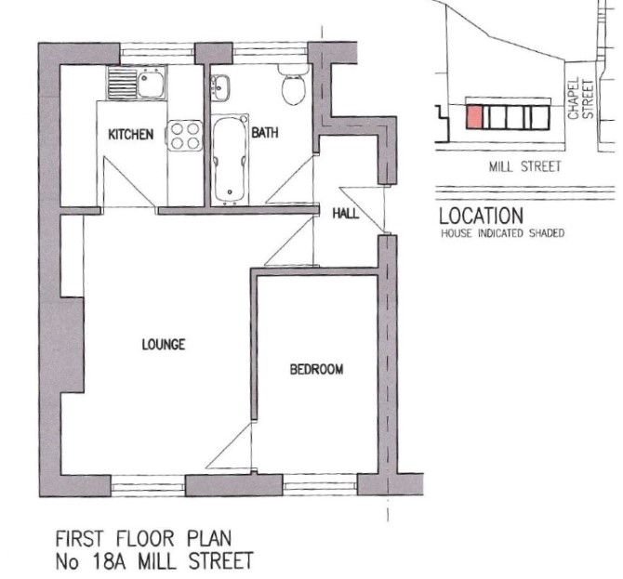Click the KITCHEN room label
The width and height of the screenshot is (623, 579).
click(131, 134)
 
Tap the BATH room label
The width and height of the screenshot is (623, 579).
click(265, 132)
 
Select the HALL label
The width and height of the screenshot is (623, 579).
click(345, 214)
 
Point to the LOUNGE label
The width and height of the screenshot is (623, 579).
click(164, 344)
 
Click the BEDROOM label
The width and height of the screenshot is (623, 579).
click(317, 369)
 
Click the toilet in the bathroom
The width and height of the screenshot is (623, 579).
click(294, 85)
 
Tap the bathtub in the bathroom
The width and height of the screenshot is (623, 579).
click(229, 160)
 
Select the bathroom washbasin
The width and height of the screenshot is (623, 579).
click(219, 87)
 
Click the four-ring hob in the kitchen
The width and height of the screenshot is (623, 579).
click(185, 136)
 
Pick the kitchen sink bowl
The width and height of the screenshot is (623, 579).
click(151, 84)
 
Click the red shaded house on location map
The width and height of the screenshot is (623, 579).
click(474, 117)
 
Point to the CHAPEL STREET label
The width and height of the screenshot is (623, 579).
click(580, 99)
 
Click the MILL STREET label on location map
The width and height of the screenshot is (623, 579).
click(524, 166)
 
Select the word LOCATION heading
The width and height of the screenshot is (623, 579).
click(481, 216)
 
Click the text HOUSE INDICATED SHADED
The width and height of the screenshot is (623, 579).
click(503, 233)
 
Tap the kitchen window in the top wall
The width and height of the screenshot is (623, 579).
click(157, 53)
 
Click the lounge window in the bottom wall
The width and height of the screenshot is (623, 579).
click(148, 486)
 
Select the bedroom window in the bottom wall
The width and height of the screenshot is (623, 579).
click(320, 485)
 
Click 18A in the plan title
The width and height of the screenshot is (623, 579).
click(109, 561)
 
